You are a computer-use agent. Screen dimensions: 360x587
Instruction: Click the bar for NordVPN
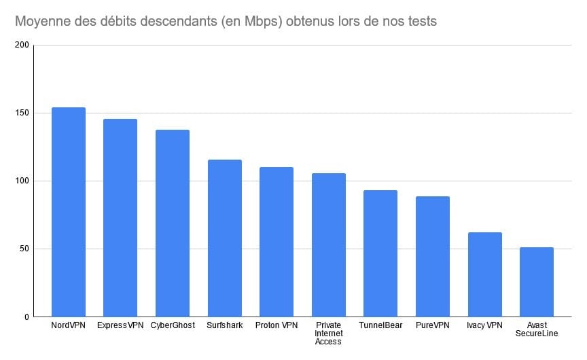coord(69,212)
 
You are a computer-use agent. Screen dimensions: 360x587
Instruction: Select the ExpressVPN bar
coord(120,217)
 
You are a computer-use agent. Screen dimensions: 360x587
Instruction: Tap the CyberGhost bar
coord(173,223)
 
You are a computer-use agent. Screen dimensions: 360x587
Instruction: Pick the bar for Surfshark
coord(225,238)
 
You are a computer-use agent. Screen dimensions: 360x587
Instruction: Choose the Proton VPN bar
coord(277,242)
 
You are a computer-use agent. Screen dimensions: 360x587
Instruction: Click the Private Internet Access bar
coord(329,245)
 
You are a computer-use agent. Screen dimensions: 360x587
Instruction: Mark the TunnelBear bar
coord(380,253)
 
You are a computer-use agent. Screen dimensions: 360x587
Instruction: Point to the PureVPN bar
coord(433,256)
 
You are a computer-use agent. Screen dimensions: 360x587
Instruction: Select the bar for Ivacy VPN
coord(484,274)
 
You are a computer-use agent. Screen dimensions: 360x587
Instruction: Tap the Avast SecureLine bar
coord(537,282)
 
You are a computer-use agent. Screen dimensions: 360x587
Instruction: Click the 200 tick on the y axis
coord(22,46)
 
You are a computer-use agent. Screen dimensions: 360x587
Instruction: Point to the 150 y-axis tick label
coord(22,113)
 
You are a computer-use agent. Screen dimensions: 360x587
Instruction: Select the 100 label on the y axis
coord(22,181)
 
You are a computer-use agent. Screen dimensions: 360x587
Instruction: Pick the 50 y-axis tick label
coord(24,249)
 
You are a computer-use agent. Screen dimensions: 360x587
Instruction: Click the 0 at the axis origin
coord(27,317)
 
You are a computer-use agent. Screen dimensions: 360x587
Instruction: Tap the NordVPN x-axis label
coord(69,325)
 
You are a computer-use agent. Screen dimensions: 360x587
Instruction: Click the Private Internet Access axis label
coord(329,333)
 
